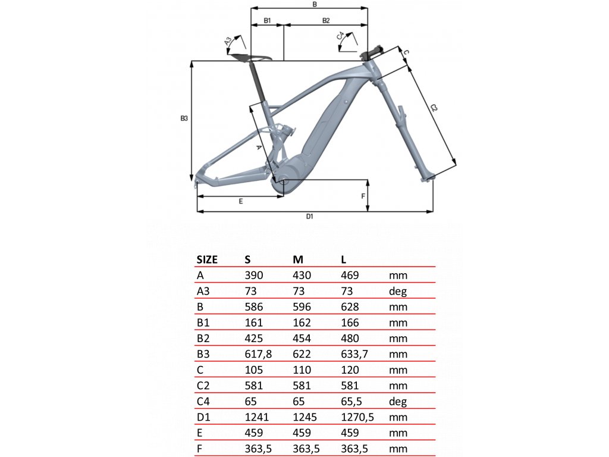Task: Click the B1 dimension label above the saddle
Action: pos(267,21)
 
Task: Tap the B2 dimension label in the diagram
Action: pos(326,21)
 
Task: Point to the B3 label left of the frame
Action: pos(184,118)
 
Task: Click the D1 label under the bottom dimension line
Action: pos(309,217)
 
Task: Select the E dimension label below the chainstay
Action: pos(241,201)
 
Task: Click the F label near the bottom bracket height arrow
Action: pos(363,196)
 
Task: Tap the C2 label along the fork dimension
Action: pos(434,108)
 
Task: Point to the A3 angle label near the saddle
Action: pos(228,41)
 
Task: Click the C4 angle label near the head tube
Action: pos(341,36)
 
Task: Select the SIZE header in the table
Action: pos(207,259)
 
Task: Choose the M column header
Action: pos(298,259)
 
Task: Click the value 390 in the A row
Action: pos(254,275)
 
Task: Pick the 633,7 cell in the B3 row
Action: pos(354,354)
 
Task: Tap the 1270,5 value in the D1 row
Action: pos(357,417)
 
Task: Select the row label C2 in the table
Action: pos(203,386)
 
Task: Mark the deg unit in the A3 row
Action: pos(398,292)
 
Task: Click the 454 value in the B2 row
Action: pos(302,338)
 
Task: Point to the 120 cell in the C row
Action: pos(350,370)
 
